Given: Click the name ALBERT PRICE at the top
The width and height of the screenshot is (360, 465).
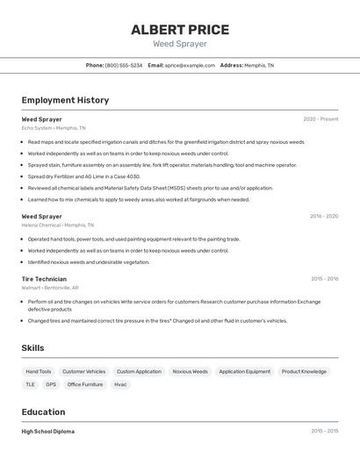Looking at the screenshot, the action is tap(180, 29).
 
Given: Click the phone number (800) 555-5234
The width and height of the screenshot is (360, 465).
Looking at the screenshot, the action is tap(124, 65).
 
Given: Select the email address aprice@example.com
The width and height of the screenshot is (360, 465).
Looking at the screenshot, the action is tap(191, 65).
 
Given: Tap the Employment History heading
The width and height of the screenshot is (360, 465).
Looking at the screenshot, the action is tap(65, 100).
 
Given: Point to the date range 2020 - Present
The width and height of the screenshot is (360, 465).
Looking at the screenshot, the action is tap(320, 119).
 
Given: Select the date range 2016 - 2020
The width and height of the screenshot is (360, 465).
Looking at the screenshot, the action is tap(324, 216).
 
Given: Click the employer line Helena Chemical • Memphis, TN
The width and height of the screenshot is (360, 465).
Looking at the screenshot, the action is tap(59, 225).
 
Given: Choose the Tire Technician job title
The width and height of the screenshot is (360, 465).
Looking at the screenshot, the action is tap(44, 279).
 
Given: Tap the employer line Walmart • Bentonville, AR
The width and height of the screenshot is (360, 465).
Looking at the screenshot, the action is tap(50, 288).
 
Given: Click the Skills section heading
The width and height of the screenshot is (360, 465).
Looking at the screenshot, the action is tap(32, 348).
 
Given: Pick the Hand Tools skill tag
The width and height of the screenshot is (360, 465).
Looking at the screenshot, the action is tap(39, 371).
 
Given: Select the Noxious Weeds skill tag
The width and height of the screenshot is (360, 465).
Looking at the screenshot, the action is tap(190, 371).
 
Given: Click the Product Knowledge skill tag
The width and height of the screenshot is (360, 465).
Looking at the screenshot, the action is tap(304, 371).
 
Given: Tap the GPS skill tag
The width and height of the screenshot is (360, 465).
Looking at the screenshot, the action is tap(51, 384).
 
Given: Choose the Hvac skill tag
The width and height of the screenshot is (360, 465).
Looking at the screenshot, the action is tap(120, 384).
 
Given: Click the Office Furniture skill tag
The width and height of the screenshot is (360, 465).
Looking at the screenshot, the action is tap(85, 384).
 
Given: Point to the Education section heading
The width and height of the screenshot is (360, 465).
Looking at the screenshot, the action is tap(43, 411).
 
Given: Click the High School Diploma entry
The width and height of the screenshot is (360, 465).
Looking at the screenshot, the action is tap(47, 432).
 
